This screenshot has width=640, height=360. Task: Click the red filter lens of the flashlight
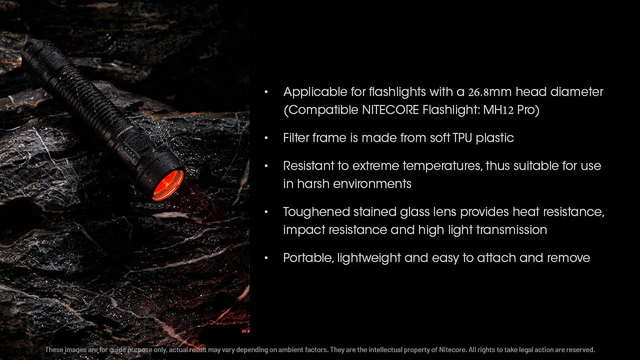[168, 186]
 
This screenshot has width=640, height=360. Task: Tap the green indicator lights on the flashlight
[130, 151]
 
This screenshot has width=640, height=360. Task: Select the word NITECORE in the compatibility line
[390, 110]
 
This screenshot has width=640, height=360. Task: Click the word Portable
[308, 258]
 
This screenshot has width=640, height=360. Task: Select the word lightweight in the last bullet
[369, 258]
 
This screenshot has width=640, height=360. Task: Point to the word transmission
[511, 230]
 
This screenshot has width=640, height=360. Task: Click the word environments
[372, 184]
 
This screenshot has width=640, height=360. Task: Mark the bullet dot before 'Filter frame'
[266, 138]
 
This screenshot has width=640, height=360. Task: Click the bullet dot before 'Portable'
[266, 258]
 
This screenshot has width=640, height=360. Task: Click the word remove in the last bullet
[569, 258]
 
